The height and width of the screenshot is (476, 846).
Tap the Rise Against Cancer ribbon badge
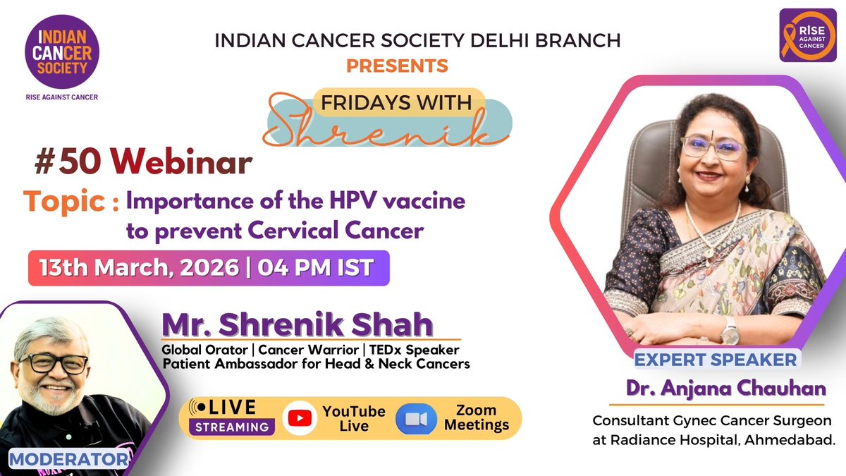tap(807, 35)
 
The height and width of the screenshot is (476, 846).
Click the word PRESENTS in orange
tap(397, 66)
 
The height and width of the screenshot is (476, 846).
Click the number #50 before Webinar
tap(68, 164)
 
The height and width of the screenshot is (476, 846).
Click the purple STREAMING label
tap(232, 427)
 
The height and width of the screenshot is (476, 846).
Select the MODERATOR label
tap(68, 460)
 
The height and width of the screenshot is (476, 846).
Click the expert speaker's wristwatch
tap(728, 330)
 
